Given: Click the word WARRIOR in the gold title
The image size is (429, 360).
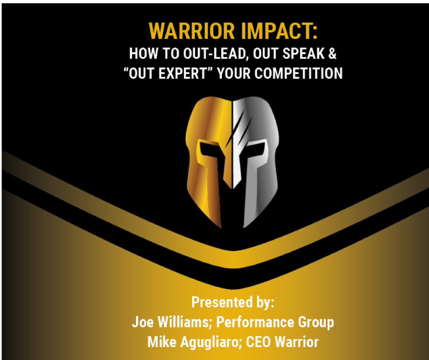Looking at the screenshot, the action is (x=192, y=31).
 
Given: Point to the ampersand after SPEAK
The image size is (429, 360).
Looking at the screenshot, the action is (x=332, y=53).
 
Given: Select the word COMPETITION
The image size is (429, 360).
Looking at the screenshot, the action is (x=298, y=74).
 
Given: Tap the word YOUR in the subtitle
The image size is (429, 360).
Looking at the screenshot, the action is (x=234, y=74).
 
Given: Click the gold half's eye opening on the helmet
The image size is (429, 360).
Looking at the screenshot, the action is (x=210, y=150).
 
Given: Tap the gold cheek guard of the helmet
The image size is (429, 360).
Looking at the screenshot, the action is (x=204, y=192).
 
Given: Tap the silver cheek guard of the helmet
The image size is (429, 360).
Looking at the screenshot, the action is (x=260, y=192).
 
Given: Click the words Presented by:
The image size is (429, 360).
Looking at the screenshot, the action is (x=233, y=302).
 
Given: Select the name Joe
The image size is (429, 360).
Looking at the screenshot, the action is (x=142, y=322).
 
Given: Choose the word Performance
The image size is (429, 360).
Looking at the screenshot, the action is (x=255, y=322).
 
